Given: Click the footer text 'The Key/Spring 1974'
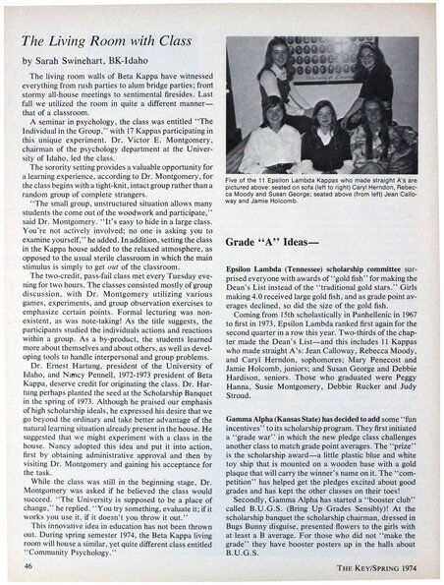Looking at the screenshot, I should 379,567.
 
